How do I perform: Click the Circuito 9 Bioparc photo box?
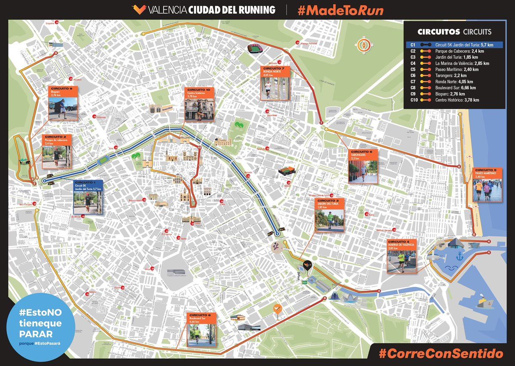[63, 103]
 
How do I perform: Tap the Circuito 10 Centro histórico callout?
[200, 104]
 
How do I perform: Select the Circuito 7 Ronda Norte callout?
[275, 83]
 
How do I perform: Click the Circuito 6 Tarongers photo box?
[363, 166]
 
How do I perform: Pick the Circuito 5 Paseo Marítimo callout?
[487, 185]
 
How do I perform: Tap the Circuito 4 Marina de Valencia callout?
[402, 256]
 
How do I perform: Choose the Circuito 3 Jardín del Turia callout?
[330, 215]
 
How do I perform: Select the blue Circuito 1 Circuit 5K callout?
[88, 197]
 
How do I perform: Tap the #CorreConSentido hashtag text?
[441, 354]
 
